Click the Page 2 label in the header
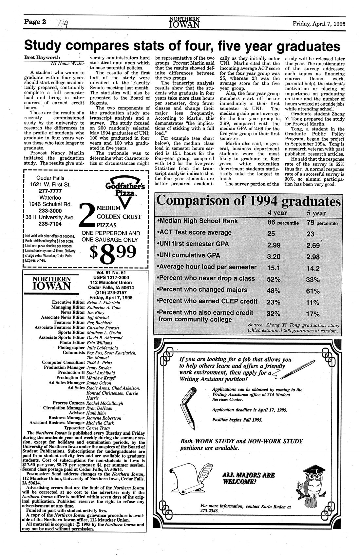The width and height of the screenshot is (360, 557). click(x=34, y=22)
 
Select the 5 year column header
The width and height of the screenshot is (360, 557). click(x=316, y=213)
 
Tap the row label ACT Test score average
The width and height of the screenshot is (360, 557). click(x=195, y=233)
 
